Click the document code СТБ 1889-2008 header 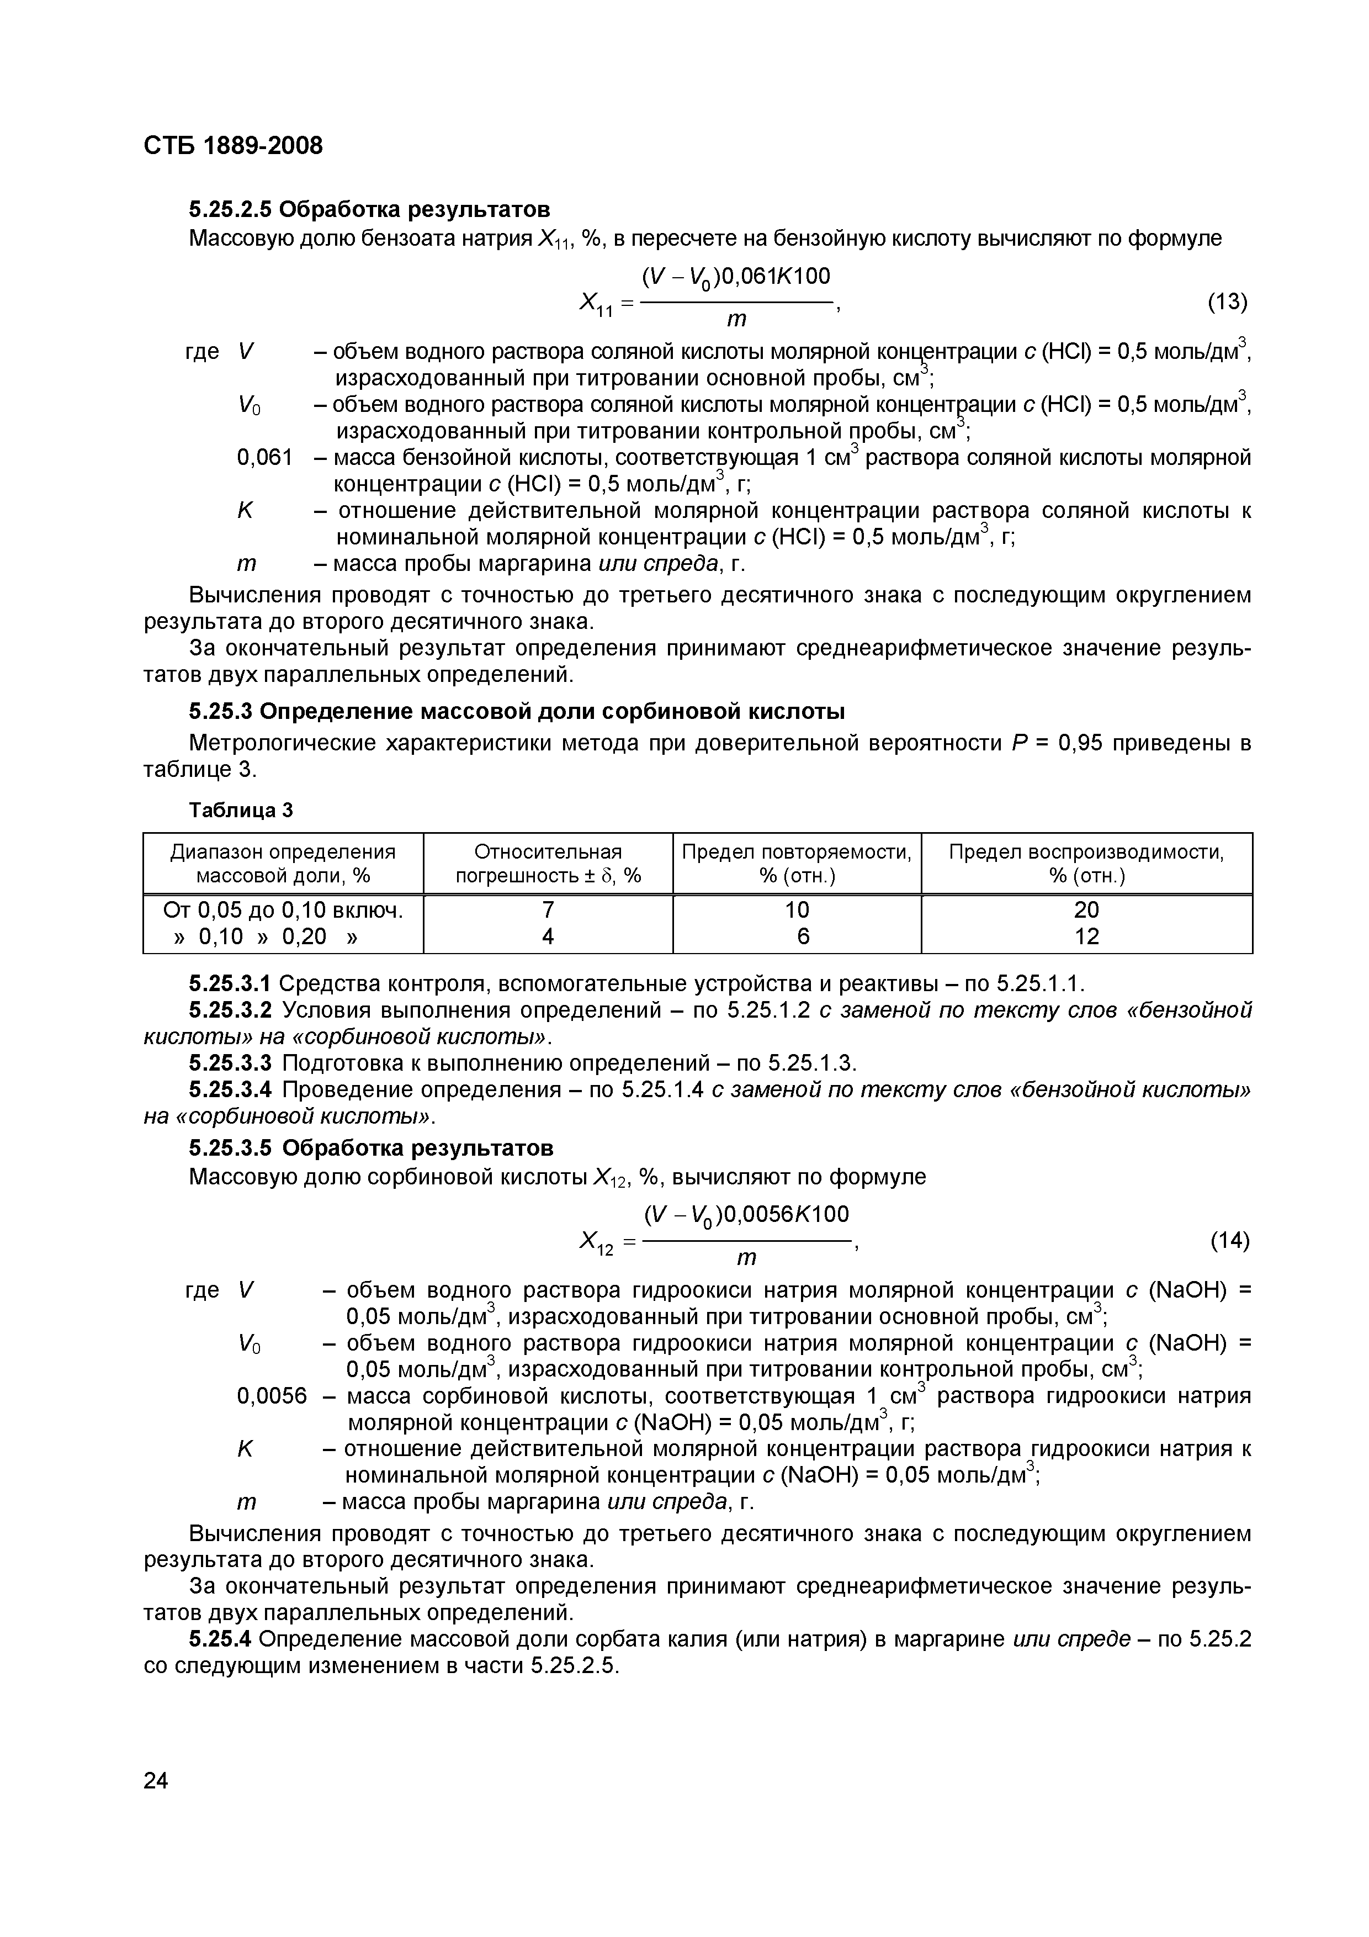click(x=233, y=146)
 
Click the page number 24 click(x=156, y=1780)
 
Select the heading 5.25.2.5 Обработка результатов click(x=369, y=208)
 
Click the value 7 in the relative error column click(x=548, y=909)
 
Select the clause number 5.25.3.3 click(x=230, y=1063)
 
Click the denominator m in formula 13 click(x=736, y=320)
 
